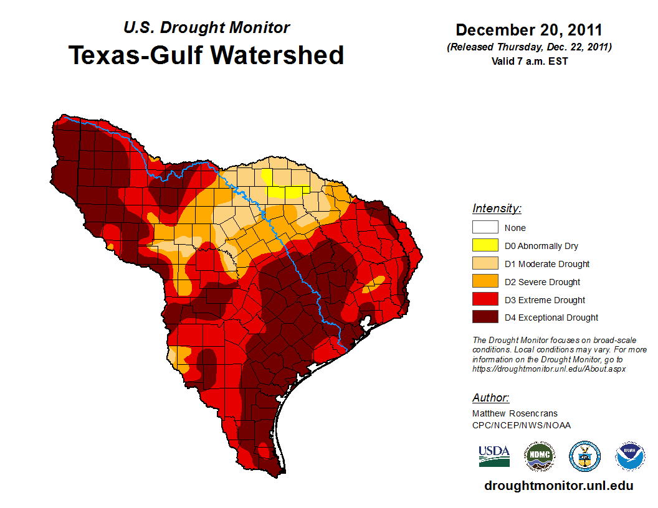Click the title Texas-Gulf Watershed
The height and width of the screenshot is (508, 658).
pos(206,55)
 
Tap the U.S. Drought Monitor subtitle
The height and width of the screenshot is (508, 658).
pos(206,28)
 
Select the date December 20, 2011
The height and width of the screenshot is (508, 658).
pos(528,30)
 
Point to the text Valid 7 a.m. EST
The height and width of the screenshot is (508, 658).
pos(528,61)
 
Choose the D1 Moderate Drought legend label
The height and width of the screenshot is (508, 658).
pos(547,264)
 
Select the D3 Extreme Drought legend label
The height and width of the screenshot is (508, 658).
pos(545,300)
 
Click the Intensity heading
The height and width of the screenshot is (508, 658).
pos(497,209)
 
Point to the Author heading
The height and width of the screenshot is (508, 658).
pos(490,398)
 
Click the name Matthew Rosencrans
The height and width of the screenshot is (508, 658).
pos(515,413)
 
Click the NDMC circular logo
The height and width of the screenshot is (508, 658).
pos(539,456)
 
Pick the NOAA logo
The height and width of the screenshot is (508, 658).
pos(630,456)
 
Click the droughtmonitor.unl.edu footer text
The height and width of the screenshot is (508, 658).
pos(558,486)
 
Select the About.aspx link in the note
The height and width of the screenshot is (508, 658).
pos(549,369)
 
